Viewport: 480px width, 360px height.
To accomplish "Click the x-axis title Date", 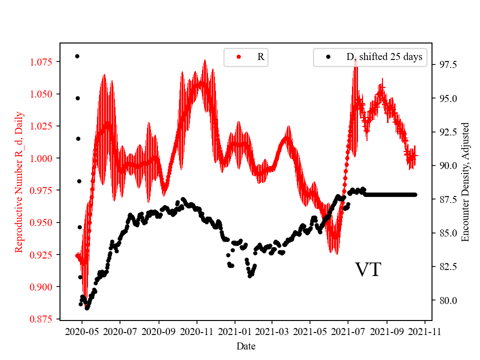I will [x=245, y=345].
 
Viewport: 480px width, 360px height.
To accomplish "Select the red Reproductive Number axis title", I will [x=19, y=181].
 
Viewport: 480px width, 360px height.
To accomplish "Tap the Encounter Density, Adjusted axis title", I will [x=465, y=181].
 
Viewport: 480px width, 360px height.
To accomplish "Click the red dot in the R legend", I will [x=238, y=57].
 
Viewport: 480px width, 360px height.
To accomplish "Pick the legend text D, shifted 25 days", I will [x=384, y=57].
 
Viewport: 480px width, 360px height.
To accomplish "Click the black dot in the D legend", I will [x=328, y=57].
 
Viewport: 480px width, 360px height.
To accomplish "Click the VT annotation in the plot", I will [x=368, y=270].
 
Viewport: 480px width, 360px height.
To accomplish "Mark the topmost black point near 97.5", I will [x=77, y=56].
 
